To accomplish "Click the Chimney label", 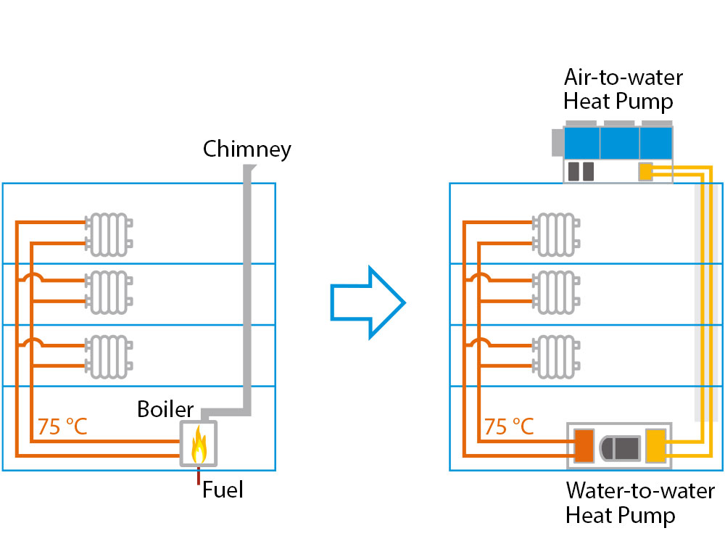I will click(246, 149).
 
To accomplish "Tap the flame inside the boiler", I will click(199, 445).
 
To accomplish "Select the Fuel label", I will click(223, 490).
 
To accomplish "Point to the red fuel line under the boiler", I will click(198, 476).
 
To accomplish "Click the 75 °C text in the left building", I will click(62, 426).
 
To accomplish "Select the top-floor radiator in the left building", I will click(109, 234).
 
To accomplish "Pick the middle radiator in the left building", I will click(109, 292).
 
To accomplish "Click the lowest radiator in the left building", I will click(109, 356).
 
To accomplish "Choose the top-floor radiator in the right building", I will click(555, 234).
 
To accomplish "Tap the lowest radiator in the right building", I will click(555, 356).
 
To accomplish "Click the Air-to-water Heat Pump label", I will click(623, 88).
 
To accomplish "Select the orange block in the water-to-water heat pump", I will click(584, 445).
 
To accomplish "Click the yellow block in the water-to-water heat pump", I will click(655, 445).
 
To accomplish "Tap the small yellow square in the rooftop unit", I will click(645, 171).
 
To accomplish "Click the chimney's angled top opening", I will click(249, 169).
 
